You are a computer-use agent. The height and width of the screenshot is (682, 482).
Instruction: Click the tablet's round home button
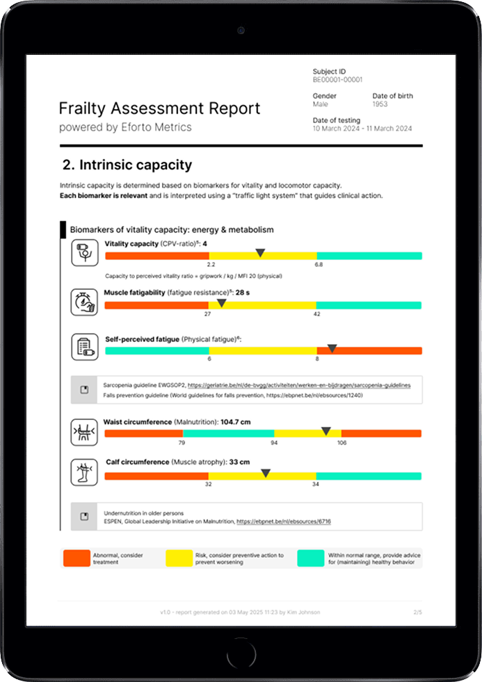click(x=241, y=655)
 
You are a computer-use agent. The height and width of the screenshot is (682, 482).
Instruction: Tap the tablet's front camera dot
click(x=241, y=31)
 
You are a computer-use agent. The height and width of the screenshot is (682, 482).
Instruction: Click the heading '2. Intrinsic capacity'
click(x=127, y=165)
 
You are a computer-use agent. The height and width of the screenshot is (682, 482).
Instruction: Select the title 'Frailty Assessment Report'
click(x=159, y=108)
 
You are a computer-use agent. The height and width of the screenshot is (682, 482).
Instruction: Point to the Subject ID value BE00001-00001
click(x=337, y=81)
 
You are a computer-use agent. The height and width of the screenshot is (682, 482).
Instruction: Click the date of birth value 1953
click(x=380, y=104)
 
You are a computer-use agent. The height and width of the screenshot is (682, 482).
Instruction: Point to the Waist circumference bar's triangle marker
click(x=326, y=432)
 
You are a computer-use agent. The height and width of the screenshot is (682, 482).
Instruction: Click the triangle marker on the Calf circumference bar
click(x=266, y=473)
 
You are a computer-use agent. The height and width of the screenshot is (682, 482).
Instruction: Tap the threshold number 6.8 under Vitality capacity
click(x=318, y=265)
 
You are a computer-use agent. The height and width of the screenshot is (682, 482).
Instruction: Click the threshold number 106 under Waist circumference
click(x=342, y=442)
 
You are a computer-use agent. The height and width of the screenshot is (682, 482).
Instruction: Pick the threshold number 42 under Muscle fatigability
click(x=316, y=314)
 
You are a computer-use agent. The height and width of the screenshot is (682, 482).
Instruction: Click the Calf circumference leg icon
click(x=84, y=473)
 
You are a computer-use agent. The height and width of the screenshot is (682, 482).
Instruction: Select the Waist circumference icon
click(x=84, y=432)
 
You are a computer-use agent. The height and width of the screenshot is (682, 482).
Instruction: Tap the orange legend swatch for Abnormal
click(x=77, y=558)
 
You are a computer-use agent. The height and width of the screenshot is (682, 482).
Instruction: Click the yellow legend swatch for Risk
click(x=179, y=558)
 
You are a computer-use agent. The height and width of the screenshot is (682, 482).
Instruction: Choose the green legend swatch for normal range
click(x=310, y=558)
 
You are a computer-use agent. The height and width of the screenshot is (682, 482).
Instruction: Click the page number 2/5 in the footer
click(x=417, y=612)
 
